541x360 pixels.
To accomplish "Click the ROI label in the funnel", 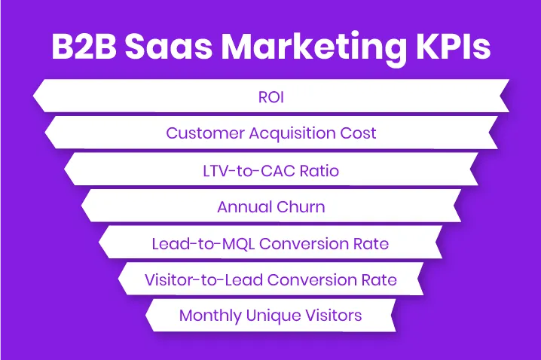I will [270, 97].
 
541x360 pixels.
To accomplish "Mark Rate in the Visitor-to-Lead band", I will [379, 279].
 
